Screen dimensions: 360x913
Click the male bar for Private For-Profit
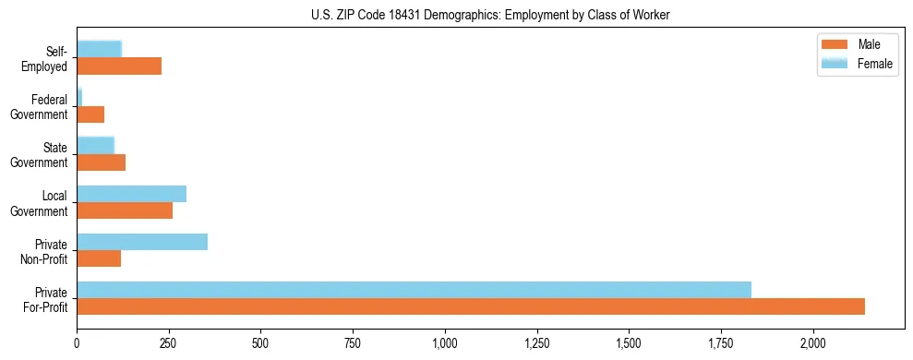click(471, 306)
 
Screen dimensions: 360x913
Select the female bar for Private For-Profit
click(414, 289)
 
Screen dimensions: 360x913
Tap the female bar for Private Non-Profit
click(142, 242)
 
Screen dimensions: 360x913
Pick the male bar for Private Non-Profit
click(99, 258)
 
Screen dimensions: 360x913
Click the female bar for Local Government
click(131, 194)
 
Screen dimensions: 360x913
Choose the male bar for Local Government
click(125, 210)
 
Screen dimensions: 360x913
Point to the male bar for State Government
click(101, 162)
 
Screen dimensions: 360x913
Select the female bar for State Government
click(95, 146)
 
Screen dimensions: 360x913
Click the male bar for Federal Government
click(90, 114)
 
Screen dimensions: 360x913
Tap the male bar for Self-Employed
click(119, 66)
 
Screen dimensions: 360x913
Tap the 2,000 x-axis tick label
click(813, 343)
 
